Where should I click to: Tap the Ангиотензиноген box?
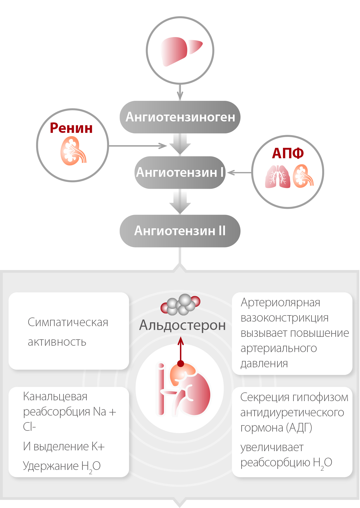[x=180, y=117]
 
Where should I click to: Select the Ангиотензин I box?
[x=180, y=172]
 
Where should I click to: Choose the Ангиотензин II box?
[x=180, y=231]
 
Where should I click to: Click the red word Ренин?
[x=71, y=128]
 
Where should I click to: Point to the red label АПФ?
[x=288, y=153]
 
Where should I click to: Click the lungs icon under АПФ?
[x=278, y=177]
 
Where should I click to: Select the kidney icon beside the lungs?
[x=303, y=176]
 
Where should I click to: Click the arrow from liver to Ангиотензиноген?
[x=180, y=92]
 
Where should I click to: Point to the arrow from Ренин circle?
[x=137, y=146]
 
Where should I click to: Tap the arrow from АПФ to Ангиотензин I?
[x=239, y=173]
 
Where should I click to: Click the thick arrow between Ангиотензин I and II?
[x=180, y=202]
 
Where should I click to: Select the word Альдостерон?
[x=183, y=325]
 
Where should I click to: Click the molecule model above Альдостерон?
[x=181, y=304]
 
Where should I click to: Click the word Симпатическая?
[x=68, y=322]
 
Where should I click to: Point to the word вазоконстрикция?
[x=284, y=318]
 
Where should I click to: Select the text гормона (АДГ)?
[x=276, y=428]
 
